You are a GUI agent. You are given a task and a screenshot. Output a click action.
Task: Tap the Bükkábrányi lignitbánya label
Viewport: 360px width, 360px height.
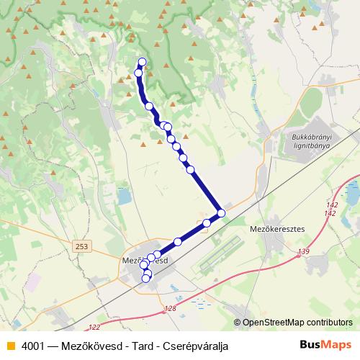pyautogui.click(x=309, y=140)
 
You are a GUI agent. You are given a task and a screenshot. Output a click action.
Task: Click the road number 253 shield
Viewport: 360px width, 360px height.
pyautogui.click(x=82, y=246)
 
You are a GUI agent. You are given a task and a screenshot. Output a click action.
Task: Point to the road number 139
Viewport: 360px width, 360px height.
pyautogui.click(x=303, y=251)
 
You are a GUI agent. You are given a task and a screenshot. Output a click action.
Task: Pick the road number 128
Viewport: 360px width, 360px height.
pyautogui.click(x=170, y=308)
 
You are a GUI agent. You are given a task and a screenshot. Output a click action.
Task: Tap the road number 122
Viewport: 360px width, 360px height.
pyautogui.click(x=94, y=326)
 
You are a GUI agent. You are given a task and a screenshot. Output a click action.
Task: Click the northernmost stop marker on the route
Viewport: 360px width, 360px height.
pyautogui.click(x=142, y=62)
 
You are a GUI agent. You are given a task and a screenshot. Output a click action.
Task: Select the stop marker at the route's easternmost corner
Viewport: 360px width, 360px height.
pyautogui.click(x=221, y=213)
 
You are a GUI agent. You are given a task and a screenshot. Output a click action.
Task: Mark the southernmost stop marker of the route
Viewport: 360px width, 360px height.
pyautogui.click(x=145, y=279)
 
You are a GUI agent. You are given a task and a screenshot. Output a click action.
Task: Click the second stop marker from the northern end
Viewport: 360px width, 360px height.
pyautogui.click(x=138, y=73)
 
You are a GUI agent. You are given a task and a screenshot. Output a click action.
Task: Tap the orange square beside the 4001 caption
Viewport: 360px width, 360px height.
pyautogui.click(x=10, y=346)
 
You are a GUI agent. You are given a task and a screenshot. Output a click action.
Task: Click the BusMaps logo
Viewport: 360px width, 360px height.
pyautogui.click(x=327, y=345)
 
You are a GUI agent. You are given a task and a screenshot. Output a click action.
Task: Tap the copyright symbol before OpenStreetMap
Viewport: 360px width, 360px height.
pyautogui.click(x=237, y=323)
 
